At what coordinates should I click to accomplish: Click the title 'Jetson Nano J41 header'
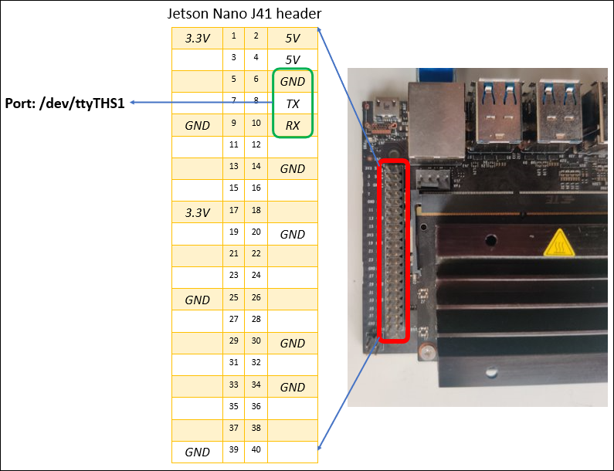(244, 15)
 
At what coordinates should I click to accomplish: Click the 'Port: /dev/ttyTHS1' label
(65, 102)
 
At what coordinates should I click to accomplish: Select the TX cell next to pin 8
(293, 103)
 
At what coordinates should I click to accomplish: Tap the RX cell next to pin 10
(293, 125)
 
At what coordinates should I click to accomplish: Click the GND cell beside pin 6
(293, 81)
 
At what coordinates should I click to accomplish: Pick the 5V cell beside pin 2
(293, 37)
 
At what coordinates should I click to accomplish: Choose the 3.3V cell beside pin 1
(197, 37)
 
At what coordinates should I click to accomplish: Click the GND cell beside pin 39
(197, 452)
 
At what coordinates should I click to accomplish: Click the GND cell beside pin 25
(197, 300)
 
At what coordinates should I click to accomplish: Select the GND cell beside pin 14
(293, 168)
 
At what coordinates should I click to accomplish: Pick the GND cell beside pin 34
(293, 387)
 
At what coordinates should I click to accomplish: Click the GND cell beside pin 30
(293, 343)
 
